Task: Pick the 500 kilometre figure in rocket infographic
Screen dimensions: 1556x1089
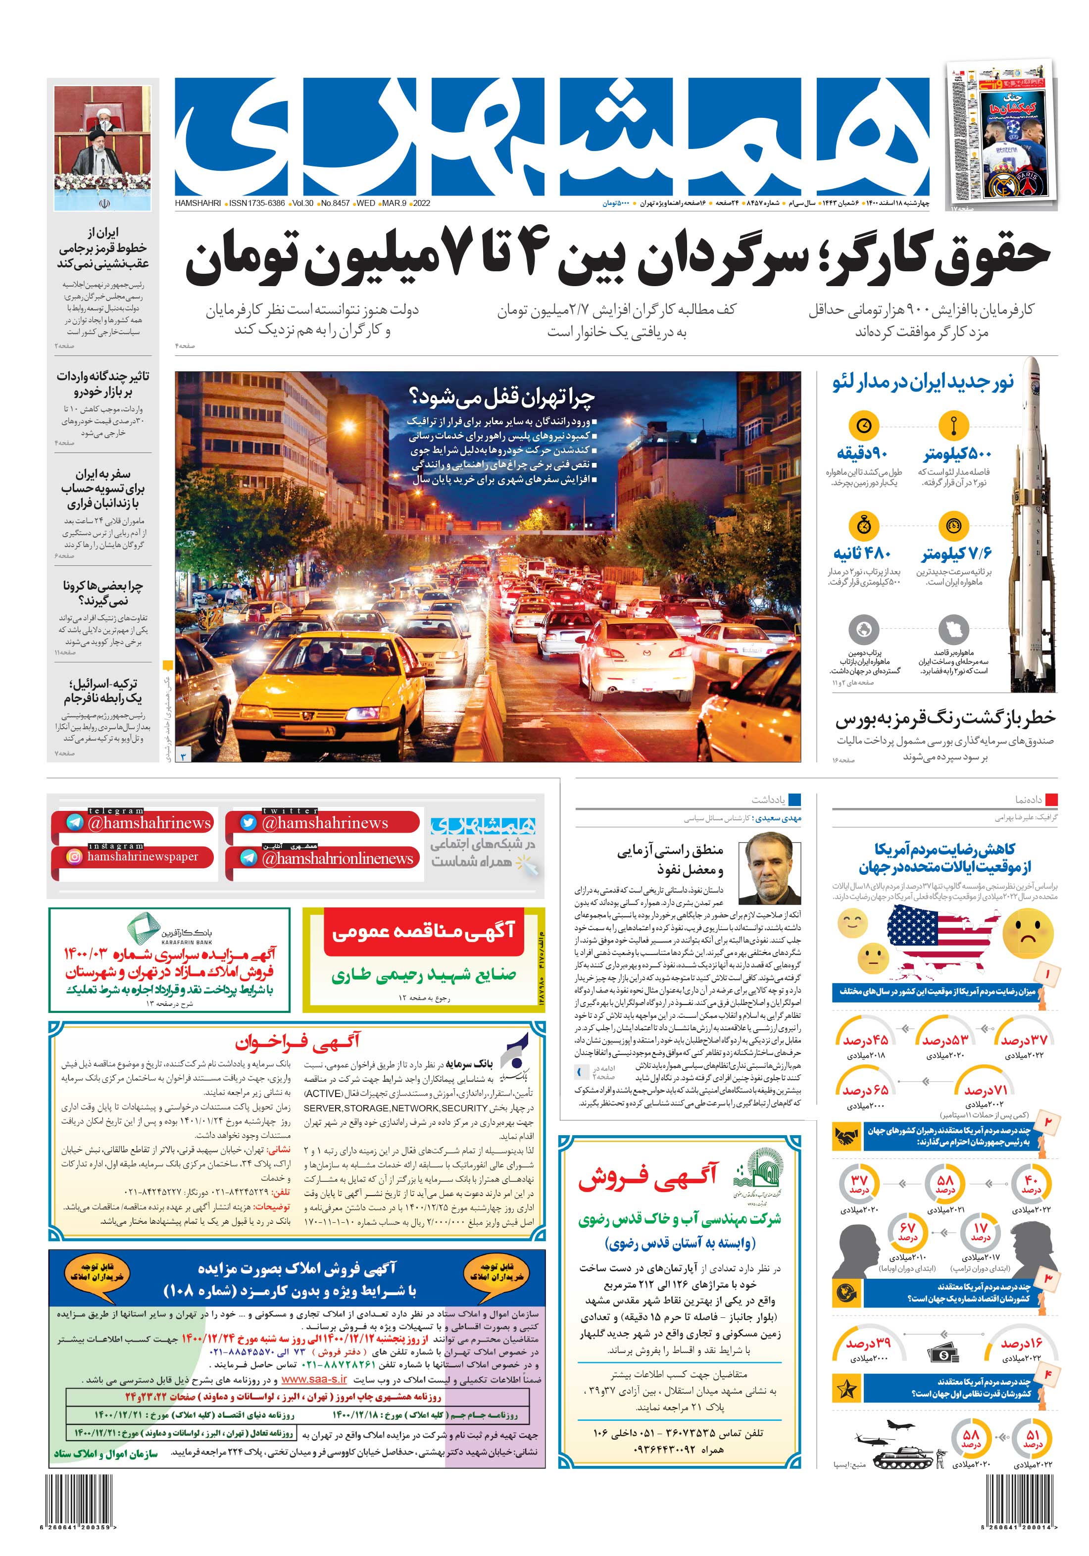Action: point(957,453)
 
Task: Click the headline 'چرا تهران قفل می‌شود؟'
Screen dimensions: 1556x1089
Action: point(502,396)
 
